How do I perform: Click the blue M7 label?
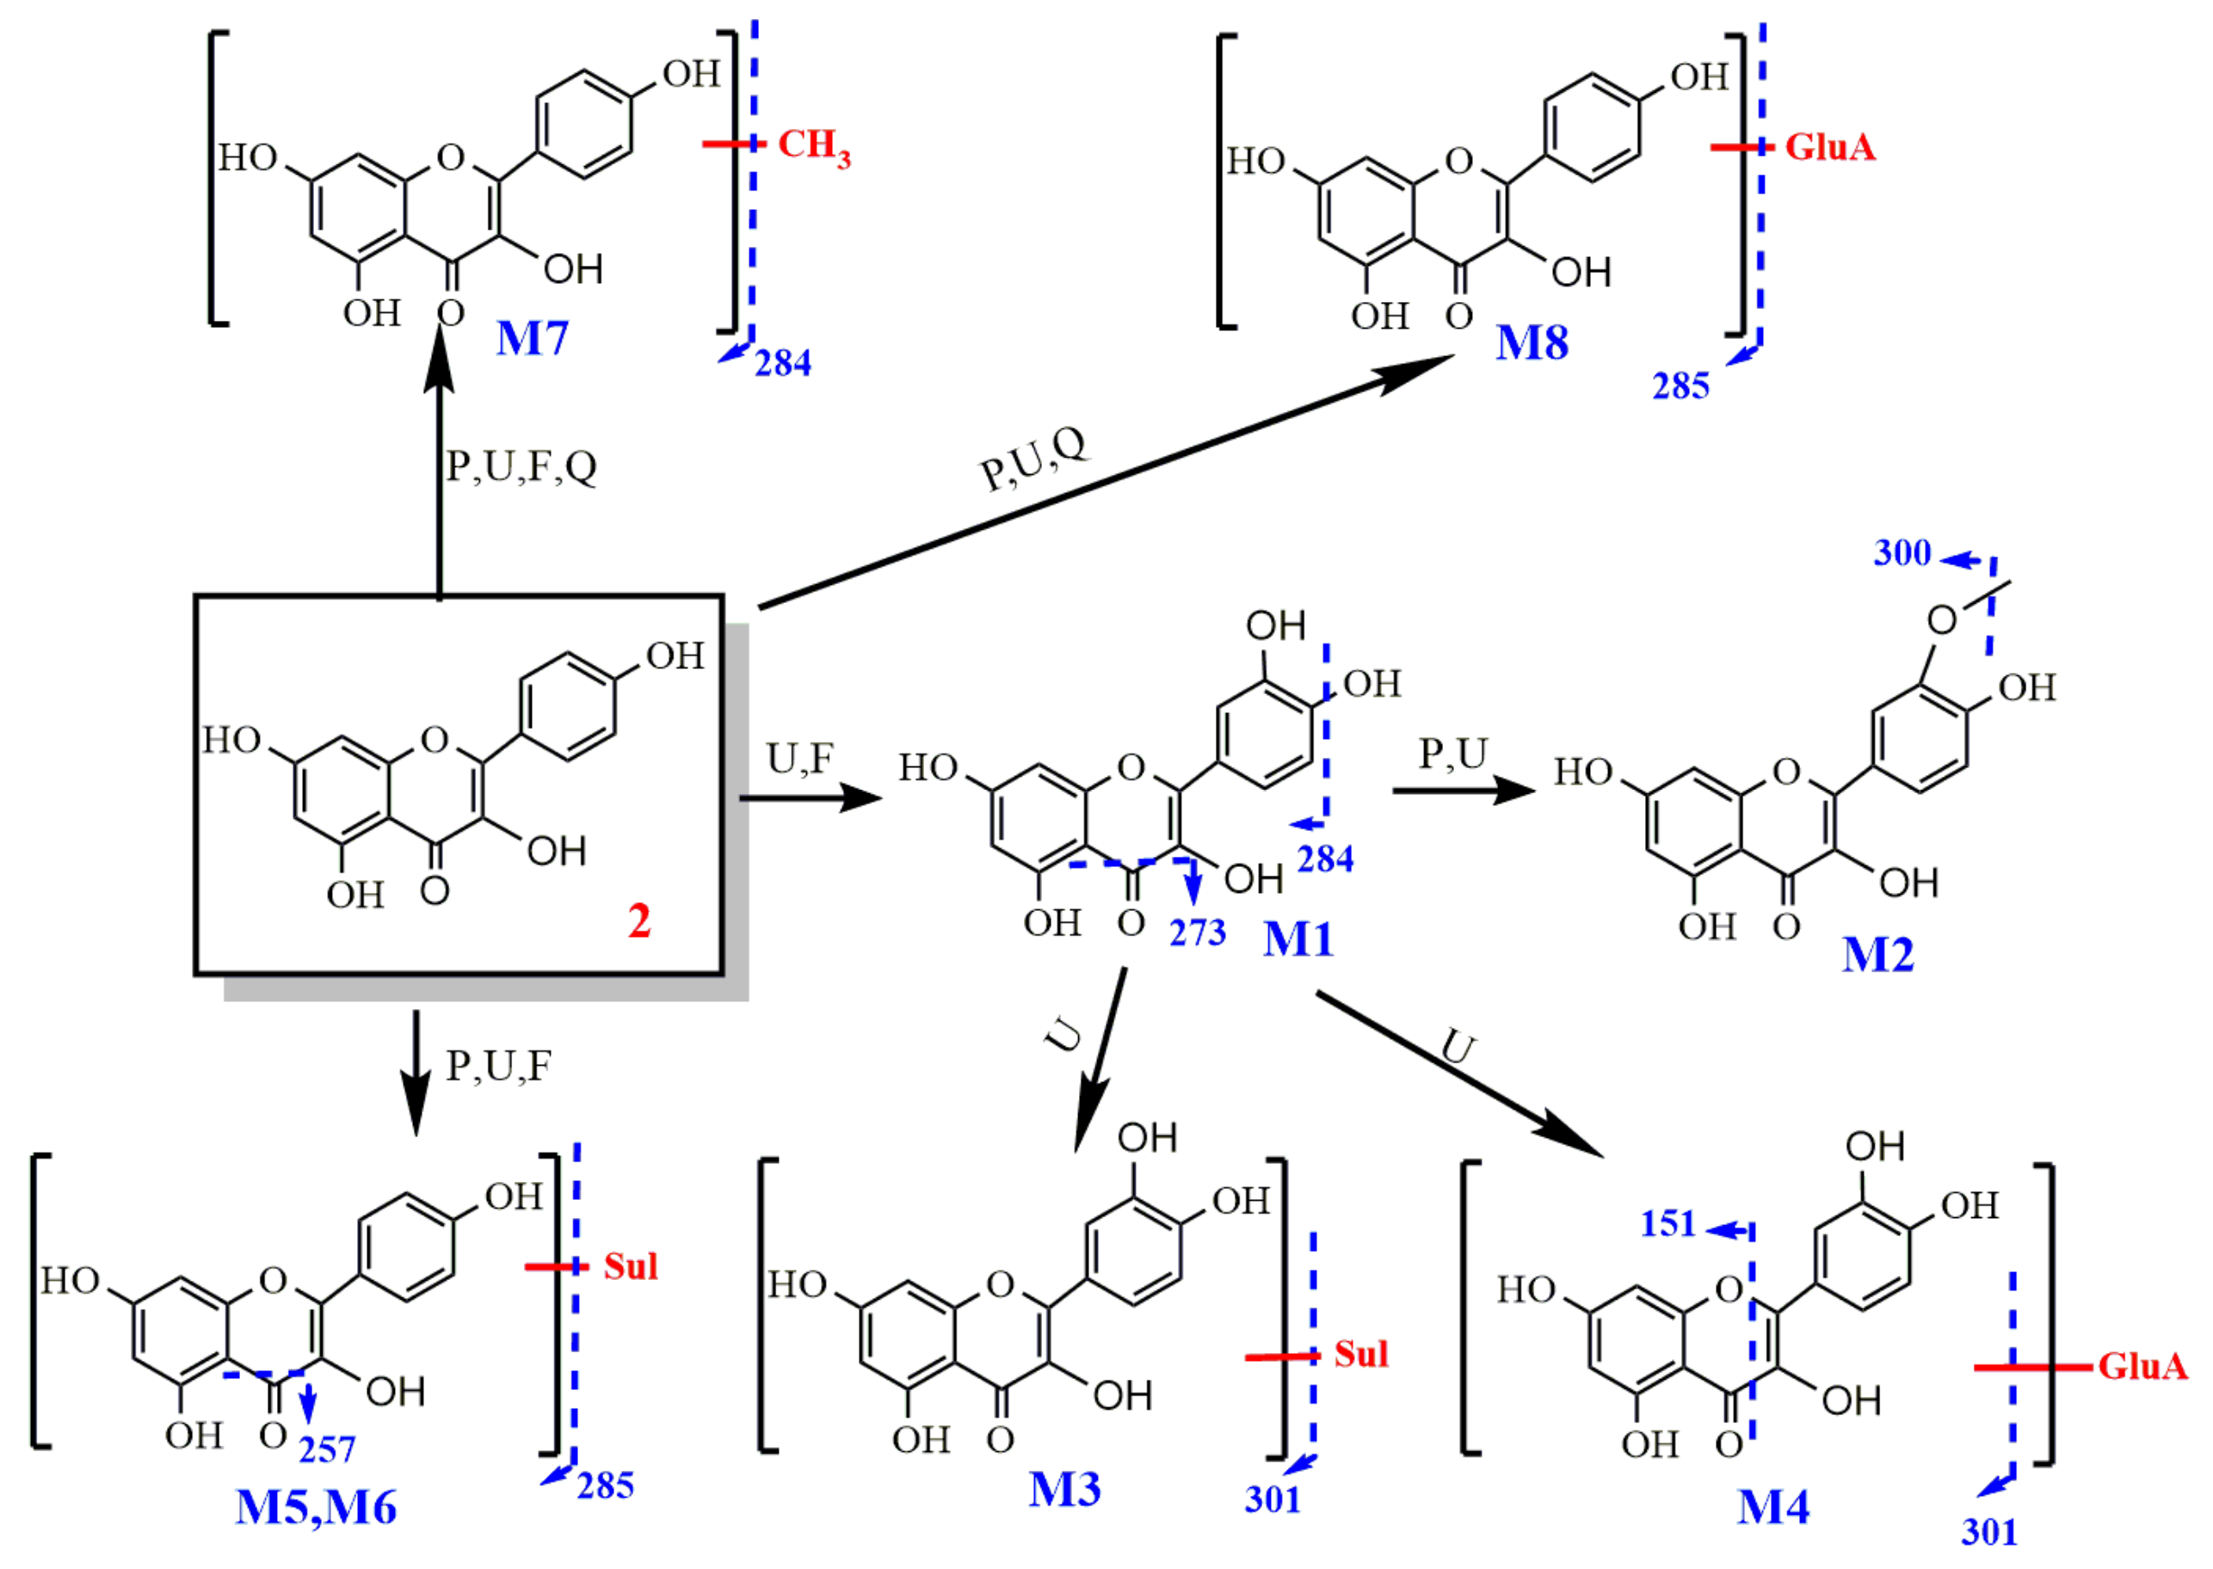[x=532, y=338]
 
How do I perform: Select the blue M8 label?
[x=1532, y=343]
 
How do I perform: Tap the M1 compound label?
[x=1298, y=939]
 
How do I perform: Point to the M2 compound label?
[x=1877, y=955]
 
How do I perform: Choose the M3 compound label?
[x=1064, y=1489]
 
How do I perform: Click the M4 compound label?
[x=1773, y=1506]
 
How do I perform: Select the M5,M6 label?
[x=316, y=1507]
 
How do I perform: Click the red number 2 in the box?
[x=638, y=920]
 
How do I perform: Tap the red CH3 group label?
[x=814, y=146]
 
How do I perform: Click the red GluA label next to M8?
[x=1829, y=148]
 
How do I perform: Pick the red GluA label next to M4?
[x=2142, y=1366]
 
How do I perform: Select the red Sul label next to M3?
[x=1360, y=1355]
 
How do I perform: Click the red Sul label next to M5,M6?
[x=630, y=1266]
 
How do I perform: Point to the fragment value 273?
[x=1198, y=932]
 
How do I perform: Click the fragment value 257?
[x=327, y=1450]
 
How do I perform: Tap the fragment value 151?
[x=1668, y=1224]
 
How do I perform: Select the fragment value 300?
[x=1902, y=554]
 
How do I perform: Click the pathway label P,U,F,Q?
[x=521, y=466]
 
